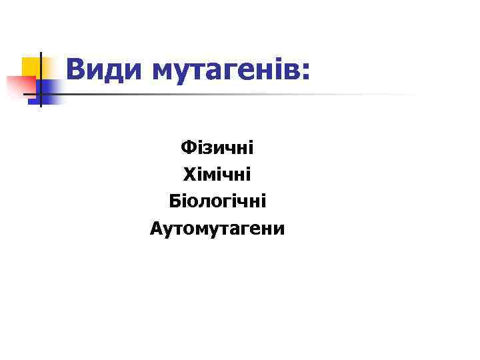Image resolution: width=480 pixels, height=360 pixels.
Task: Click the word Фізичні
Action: point(217,147)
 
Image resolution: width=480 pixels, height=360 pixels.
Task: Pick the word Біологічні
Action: point(217,202)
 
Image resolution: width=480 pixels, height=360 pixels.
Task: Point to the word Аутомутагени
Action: point(217,229)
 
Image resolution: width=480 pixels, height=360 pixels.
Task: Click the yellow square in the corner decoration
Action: point(31,67)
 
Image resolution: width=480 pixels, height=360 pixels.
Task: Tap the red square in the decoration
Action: point(20,86)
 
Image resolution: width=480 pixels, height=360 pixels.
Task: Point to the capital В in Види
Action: point(76,69)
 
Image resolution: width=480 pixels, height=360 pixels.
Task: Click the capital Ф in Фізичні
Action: point(187,147)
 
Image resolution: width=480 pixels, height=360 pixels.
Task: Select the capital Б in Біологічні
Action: point(175,201)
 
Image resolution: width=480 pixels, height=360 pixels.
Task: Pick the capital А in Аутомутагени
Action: point(157,229)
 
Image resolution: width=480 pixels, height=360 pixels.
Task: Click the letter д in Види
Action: point(116,71)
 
